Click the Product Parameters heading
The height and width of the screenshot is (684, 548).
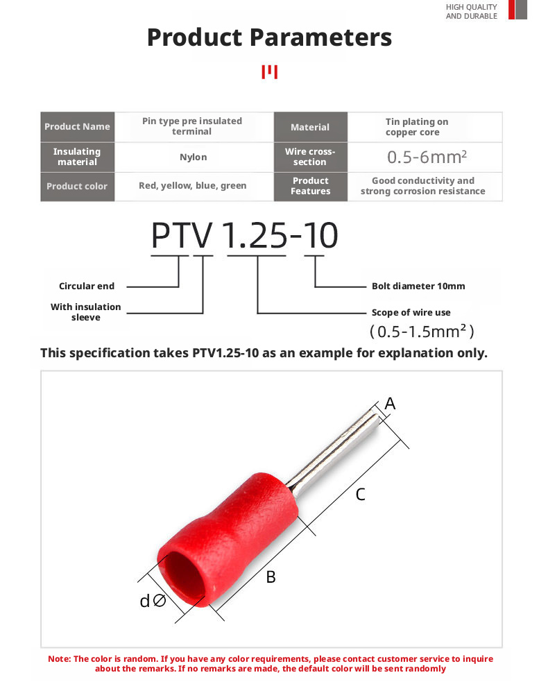[269, 37]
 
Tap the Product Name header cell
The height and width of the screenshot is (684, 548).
[77, 126]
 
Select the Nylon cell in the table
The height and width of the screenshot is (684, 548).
[193, 157]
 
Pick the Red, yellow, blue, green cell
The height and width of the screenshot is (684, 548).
[193, 186]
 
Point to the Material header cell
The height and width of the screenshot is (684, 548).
[310, 127]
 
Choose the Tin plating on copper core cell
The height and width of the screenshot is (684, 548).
[417, 126]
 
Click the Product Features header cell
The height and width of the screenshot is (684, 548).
[310, 186]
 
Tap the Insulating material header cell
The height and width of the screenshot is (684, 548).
[77, 157]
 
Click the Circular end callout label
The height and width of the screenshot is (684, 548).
[87, 286]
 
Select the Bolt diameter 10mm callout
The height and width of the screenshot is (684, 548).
[418, 286]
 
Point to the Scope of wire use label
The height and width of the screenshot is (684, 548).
[411, 312]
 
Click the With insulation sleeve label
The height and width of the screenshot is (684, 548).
[85, 311]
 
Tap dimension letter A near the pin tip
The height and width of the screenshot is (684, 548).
[390, 403]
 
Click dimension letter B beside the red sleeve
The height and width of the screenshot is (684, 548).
[271, 576]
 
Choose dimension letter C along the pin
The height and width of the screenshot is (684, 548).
[361, 494]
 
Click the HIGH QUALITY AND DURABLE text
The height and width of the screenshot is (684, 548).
[471, 11]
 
